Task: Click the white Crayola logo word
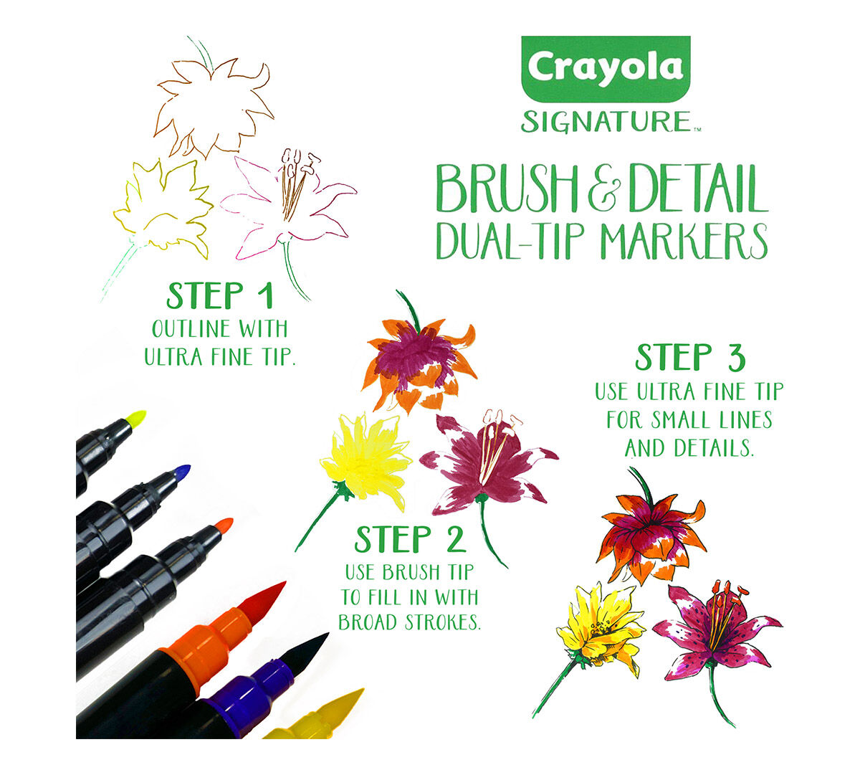[606, 68]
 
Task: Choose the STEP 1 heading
[220, 296]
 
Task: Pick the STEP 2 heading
[410, 540]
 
